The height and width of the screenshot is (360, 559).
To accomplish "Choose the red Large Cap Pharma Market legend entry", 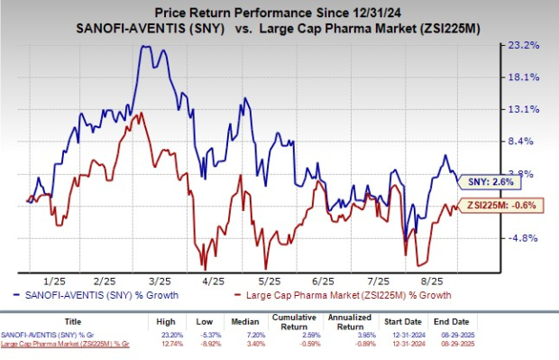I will (341, 295).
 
